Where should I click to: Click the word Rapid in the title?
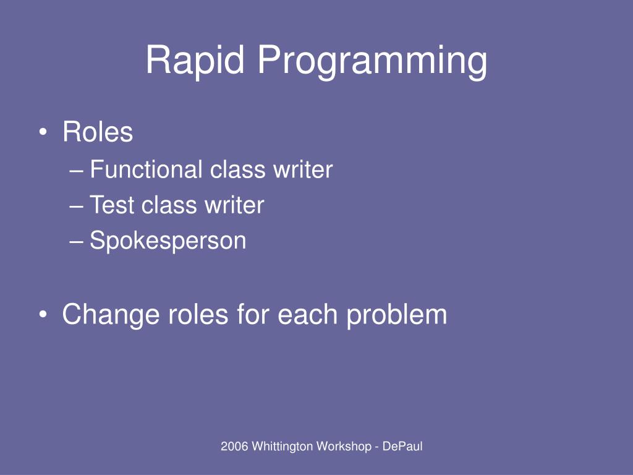click(x=195, y=60)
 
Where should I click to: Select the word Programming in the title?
click(x=372, y=62)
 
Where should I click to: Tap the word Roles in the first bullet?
click(x=98, y=132)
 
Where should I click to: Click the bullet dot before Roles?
click(x=43, y=132)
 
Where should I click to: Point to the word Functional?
click(x=146, y=169)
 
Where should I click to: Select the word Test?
click(x=112, y=204)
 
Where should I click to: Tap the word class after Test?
click(x=169, y=204)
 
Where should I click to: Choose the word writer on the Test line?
click(x=234, y=205)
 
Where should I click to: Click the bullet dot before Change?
click(x=43, y=315)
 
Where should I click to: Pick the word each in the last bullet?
click(x=308, y=314)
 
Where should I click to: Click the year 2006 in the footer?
click(x=234, y=447)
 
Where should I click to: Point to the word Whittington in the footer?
click(x=283, y=447)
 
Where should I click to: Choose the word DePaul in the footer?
click(x=402, y=447)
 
